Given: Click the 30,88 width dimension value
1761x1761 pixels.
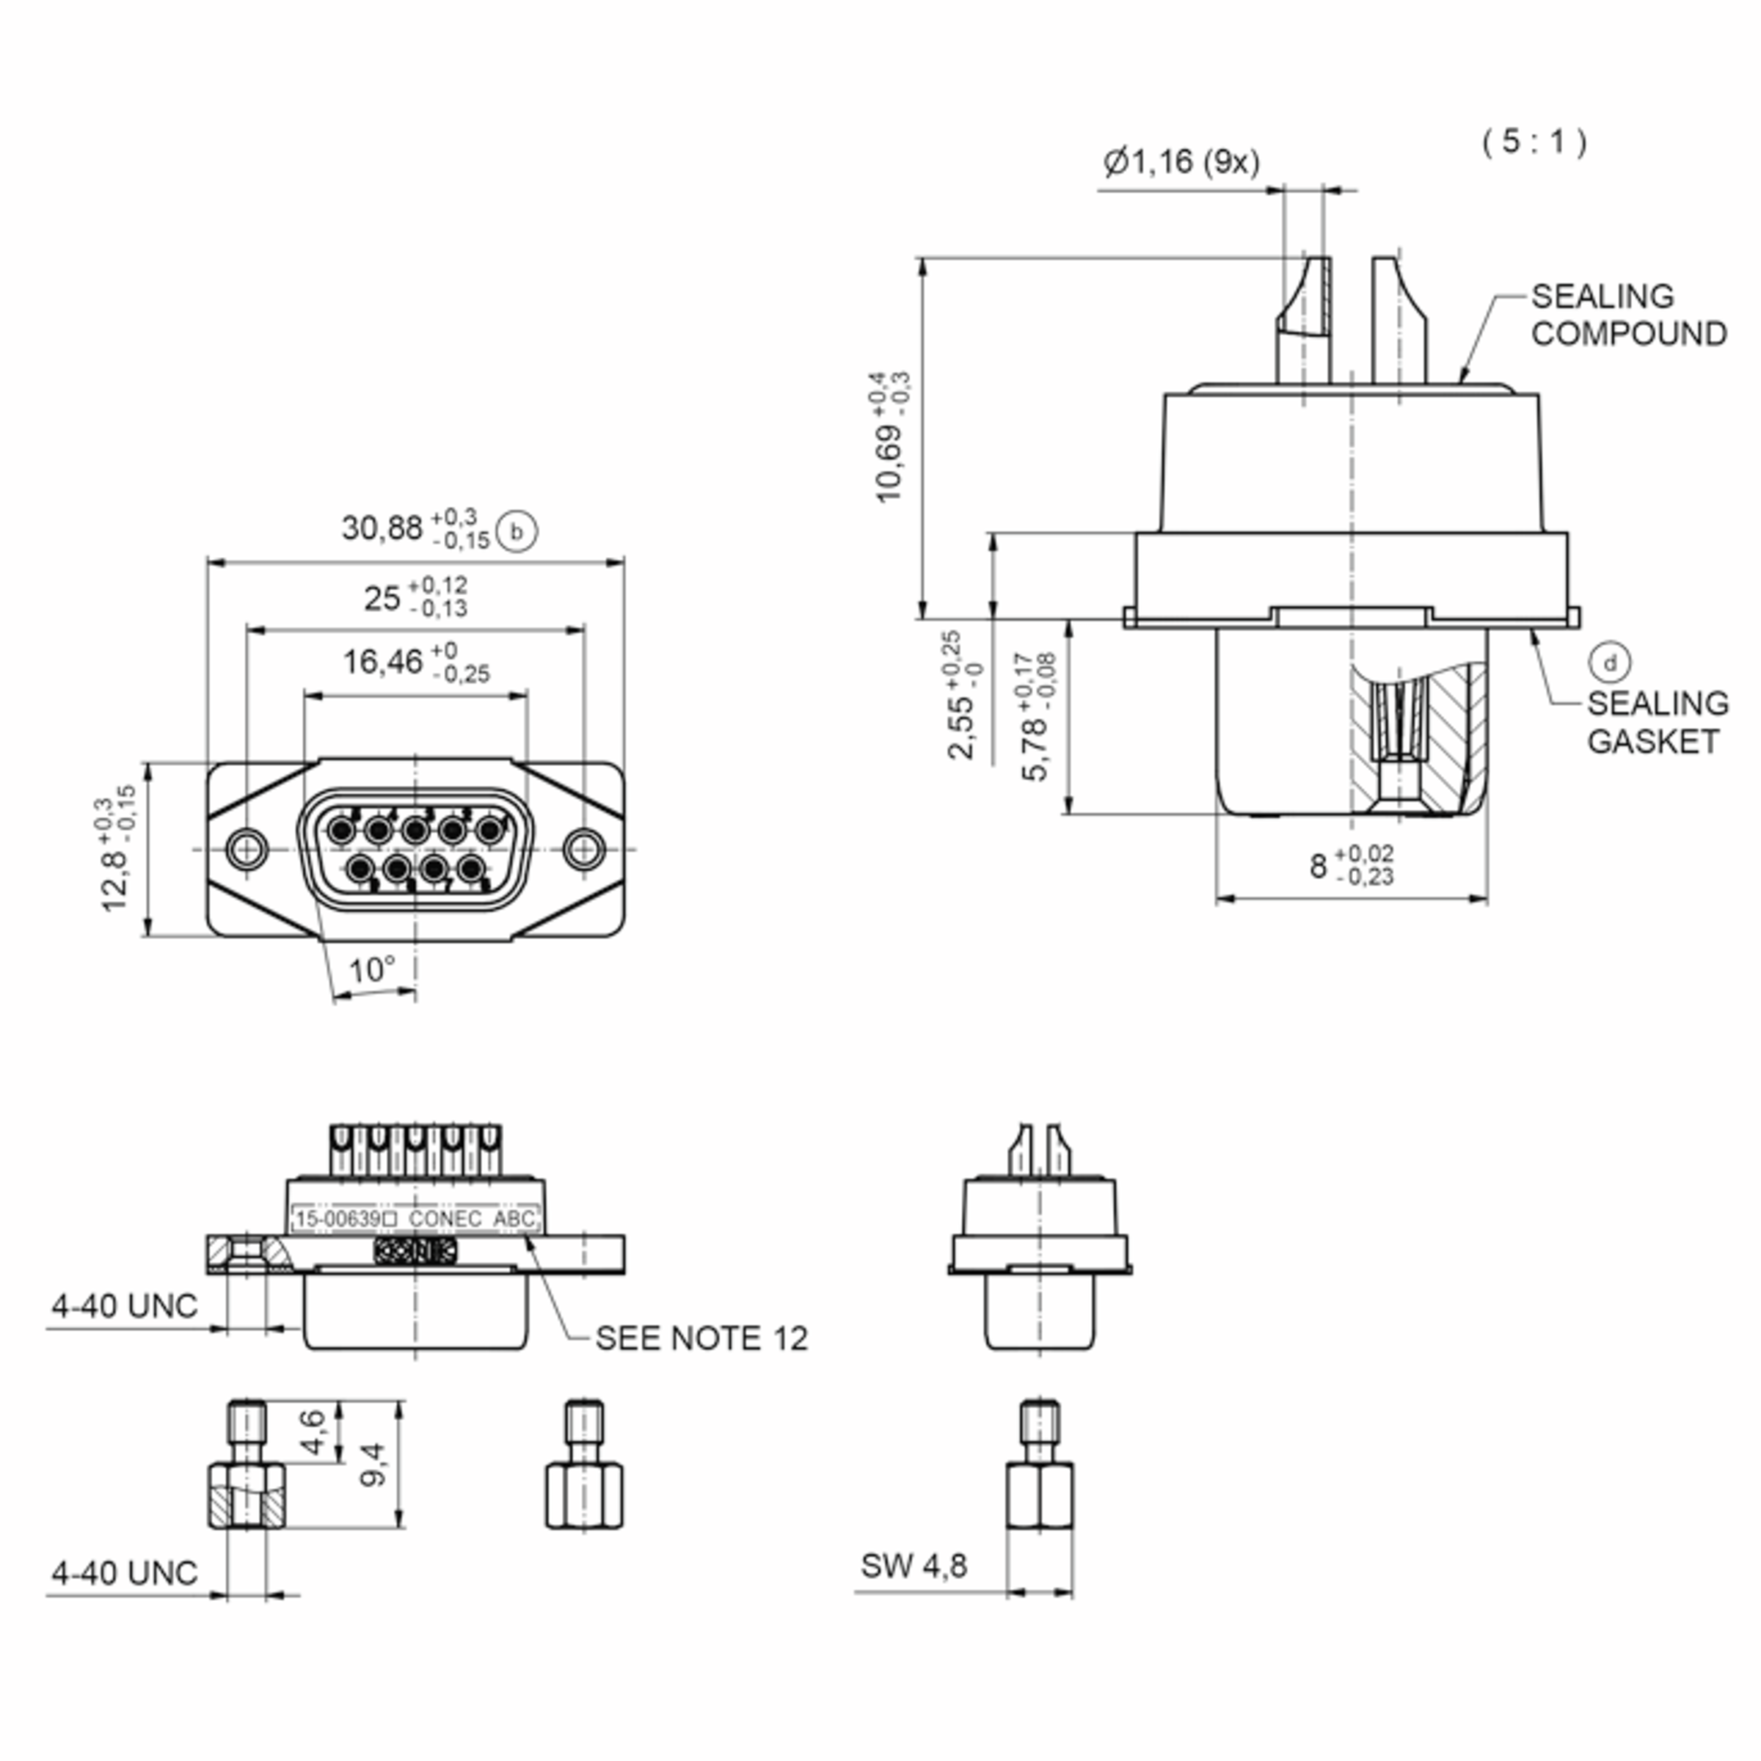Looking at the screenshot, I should [x=382, y=528].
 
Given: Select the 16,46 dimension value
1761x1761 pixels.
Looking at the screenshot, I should [x=383, y=662].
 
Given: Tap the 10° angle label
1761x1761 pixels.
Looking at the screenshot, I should [x=372, y=969].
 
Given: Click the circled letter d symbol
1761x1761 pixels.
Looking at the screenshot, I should [x=1610, y=663].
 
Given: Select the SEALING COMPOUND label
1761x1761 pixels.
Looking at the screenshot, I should [x=1628, y=316].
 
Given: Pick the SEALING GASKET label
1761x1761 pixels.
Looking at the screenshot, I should [x=1657, y=722].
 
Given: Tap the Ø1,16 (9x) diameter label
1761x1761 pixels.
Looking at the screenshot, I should [x=1181, y=162].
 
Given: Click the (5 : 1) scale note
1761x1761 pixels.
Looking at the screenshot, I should [x=1534, y=142].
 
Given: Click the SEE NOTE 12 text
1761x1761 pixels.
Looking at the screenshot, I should [x=701, y=1338].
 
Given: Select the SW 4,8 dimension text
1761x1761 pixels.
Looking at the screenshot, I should [x=914, y=1565].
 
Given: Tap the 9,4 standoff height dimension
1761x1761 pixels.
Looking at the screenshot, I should [x=373, y=1465].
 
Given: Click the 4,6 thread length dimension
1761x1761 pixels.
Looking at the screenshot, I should [x=312, y=1432].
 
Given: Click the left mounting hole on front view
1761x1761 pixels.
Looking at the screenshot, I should [x=246, y=849].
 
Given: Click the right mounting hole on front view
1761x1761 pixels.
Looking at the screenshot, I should [x=584, y=849].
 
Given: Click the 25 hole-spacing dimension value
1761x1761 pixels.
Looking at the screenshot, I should [x=382, y=598].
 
